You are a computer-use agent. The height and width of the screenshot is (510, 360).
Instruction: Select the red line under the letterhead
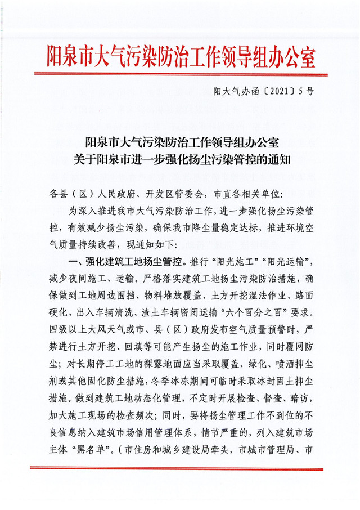[x=180, y=74]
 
